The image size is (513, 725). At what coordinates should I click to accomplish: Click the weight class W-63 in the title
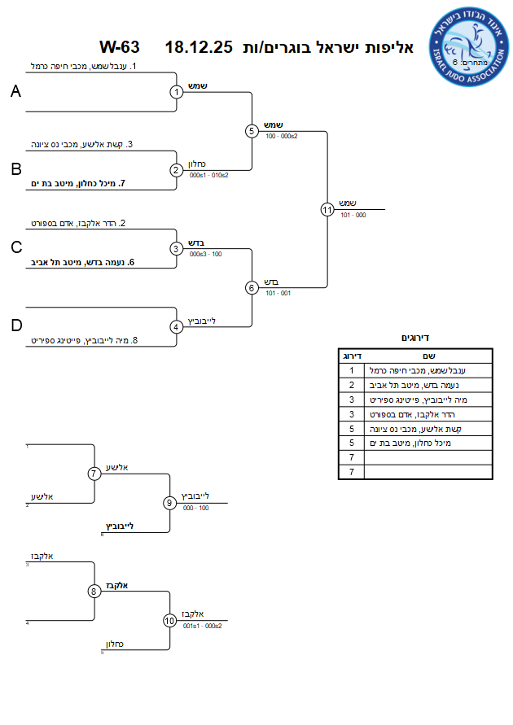tap(120, 47)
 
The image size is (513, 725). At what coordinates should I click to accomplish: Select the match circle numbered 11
tap(327, 209)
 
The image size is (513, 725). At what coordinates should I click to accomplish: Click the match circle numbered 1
tap(177, 92)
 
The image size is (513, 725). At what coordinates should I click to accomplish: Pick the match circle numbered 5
tap(252, 131)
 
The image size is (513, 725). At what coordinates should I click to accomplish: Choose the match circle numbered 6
tap(252, 287)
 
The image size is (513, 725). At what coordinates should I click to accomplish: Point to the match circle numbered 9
tap(169, 503)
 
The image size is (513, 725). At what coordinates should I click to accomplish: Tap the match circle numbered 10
tap(169, 621)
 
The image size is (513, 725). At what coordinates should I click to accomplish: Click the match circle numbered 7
tap(94, 474)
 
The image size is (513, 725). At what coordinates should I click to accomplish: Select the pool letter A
tap(15, 92)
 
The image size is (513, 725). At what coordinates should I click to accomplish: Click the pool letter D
tap(15, 326)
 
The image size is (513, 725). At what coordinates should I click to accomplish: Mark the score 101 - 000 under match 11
tap(354, 216)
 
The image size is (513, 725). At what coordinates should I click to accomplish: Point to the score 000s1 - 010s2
tap(208, 176)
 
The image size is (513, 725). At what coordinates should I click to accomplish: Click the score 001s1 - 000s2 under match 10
tap(202, 627)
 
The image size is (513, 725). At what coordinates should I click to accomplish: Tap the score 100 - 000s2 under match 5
tap(282, 136)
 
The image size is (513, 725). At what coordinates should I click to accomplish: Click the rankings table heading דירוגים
tap(415, 338)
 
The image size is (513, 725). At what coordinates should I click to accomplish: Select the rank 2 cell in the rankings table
tap(351, 385)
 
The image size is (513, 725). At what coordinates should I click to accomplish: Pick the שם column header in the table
tap(428, 356)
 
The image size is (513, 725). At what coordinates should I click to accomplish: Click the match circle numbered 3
tap(177, 248)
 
